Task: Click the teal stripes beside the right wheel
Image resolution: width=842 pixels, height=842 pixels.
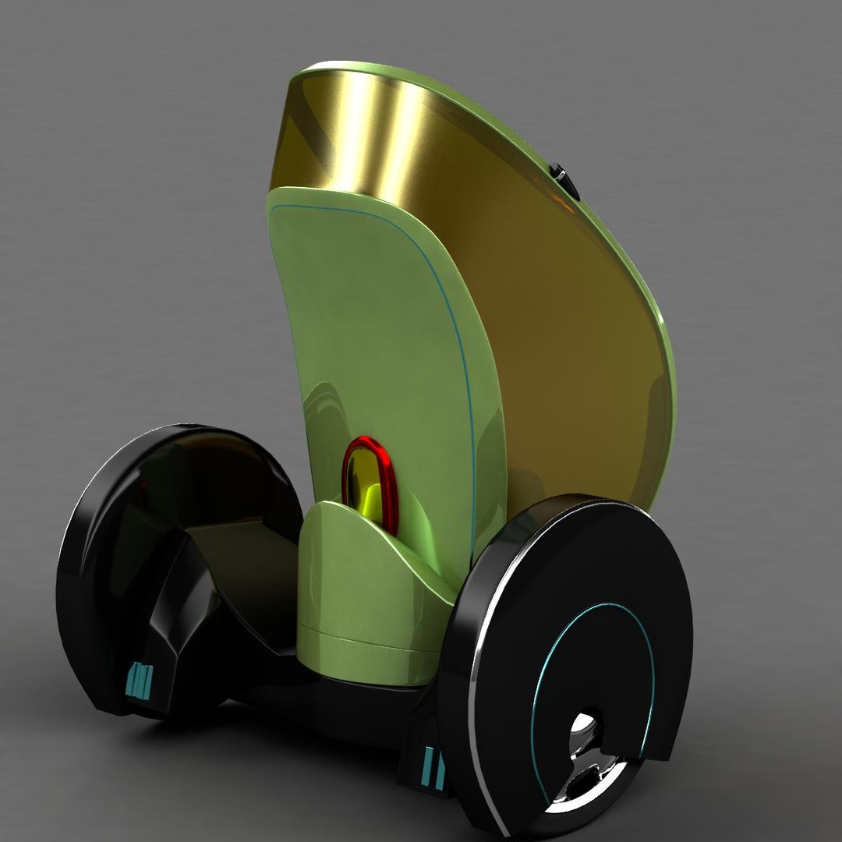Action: click(433, 767)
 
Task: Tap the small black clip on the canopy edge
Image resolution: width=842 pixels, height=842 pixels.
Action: click(562, 180)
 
